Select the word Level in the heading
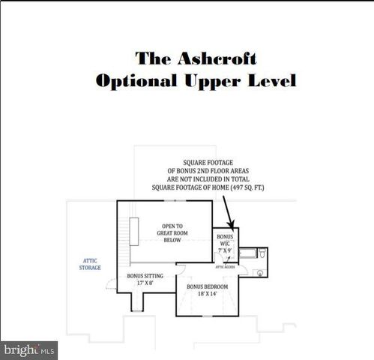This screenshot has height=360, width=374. (x=268, y=80)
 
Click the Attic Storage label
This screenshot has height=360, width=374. (x=91, y=264)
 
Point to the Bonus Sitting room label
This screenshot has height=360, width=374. (x=145, y=276)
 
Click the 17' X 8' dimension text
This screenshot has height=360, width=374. (x=145, y=283)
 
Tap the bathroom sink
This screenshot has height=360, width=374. (x=259, y=273)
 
